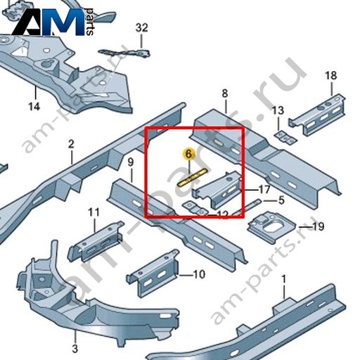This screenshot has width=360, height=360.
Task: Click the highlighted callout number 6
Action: (x=189, y=154)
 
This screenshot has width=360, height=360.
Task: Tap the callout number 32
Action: (x=142, y=28)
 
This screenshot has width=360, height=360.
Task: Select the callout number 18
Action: (x=331, y=76)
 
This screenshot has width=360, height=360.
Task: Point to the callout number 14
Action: (x=34, y=107)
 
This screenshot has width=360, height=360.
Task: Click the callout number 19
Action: (x=319, y=226)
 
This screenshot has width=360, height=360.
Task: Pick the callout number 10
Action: (x=199, y=274)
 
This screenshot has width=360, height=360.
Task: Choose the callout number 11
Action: (x=94, y=212)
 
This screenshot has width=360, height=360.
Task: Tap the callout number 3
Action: (x=75, y=349)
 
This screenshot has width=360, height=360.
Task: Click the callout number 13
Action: (x=278, y=110)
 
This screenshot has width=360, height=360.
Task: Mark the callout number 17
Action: (x=264, y=189)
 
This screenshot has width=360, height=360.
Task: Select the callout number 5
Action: (x=281, y=200)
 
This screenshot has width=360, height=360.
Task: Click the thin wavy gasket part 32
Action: (x=124, y=53)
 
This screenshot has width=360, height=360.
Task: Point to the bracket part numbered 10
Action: (x=153, y=274)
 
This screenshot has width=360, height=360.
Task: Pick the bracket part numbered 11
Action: (x=96, y=241)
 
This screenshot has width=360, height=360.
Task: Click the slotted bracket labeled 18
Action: (x=318, y=114)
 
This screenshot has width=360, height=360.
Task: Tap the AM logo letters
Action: (x=48, y=22)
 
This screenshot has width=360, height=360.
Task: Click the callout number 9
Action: (x=131, y=162)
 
